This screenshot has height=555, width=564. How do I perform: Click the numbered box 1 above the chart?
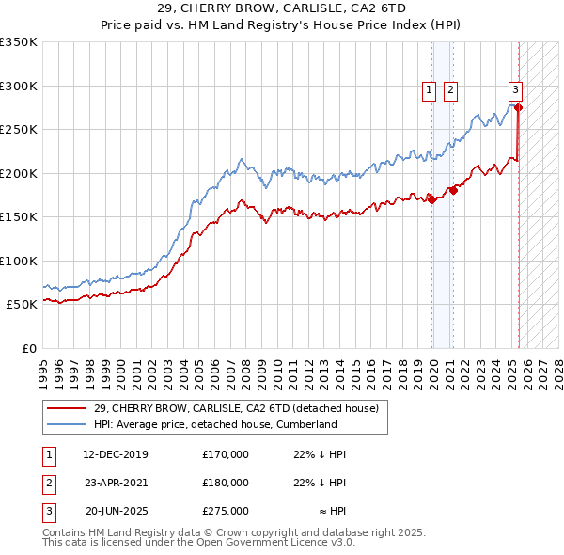click(429, 90)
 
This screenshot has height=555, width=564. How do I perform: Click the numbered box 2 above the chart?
click(451, 90)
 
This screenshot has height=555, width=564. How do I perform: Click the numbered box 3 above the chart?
click(516, 90)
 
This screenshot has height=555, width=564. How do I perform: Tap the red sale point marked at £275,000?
click(519, 107)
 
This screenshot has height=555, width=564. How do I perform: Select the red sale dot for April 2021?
click(453, 190)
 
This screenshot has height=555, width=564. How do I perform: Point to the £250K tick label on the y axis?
click(19, 130)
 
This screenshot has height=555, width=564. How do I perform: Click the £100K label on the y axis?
click(19, 261)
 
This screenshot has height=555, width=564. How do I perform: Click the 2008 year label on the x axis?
click(246, 366)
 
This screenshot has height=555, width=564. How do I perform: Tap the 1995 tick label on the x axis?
click(43, 366)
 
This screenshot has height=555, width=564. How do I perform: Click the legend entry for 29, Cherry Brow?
click(235, 408)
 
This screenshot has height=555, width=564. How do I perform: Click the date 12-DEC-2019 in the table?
click(116, 455)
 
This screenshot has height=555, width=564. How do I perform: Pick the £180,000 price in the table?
click(226, 483)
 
